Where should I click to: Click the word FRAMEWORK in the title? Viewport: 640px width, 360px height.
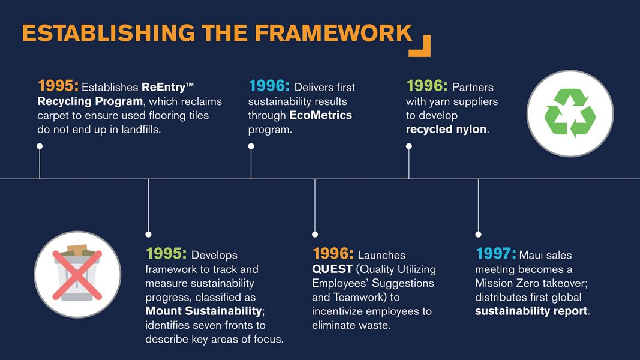(x=333, y=33)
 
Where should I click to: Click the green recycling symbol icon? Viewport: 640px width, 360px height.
(x=570, y=113)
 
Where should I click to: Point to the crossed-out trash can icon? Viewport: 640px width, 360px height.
(x=77, y=274)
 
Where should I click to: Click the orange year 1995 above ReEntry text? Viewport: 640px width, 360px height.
(x=58, y=86)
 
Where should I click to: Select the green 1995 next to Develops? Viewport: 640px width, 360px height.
(x=166, y=254)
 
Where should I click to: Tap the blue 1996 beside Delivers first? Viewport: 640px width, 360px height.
(x=269, y=86)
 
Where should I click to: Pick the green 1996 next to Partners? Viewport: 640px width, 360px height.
(x=426, y=86)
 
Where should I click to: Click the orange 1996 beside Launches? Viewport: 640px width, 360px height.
(x=333, y=254)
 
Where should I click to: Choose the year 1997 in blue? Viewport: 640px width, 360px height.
(x=495, y=254)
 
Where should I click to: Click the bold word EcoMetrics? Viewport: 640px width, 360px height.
(x=320, y=115)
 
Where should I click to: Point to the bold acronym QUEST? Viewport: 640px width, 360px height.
(x=332, y=269)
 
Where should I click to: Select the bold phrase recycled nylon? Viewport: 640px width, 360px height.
(x=446, y=130)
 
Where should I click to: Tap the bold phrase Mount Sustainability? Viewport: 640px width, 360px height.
(x=204, y=311)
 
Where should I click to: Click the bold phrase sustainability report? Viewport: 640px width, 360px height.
(x=531, y=311)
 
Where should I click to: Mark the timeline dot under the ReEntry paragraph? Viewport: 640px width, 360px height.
(x=40, y=146)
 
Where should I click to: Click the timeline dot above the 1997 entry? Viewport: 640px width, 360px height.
(x=479, y=234)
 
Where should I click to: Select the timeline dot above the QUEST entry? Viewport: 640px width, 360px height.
(x=315, y=234)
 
